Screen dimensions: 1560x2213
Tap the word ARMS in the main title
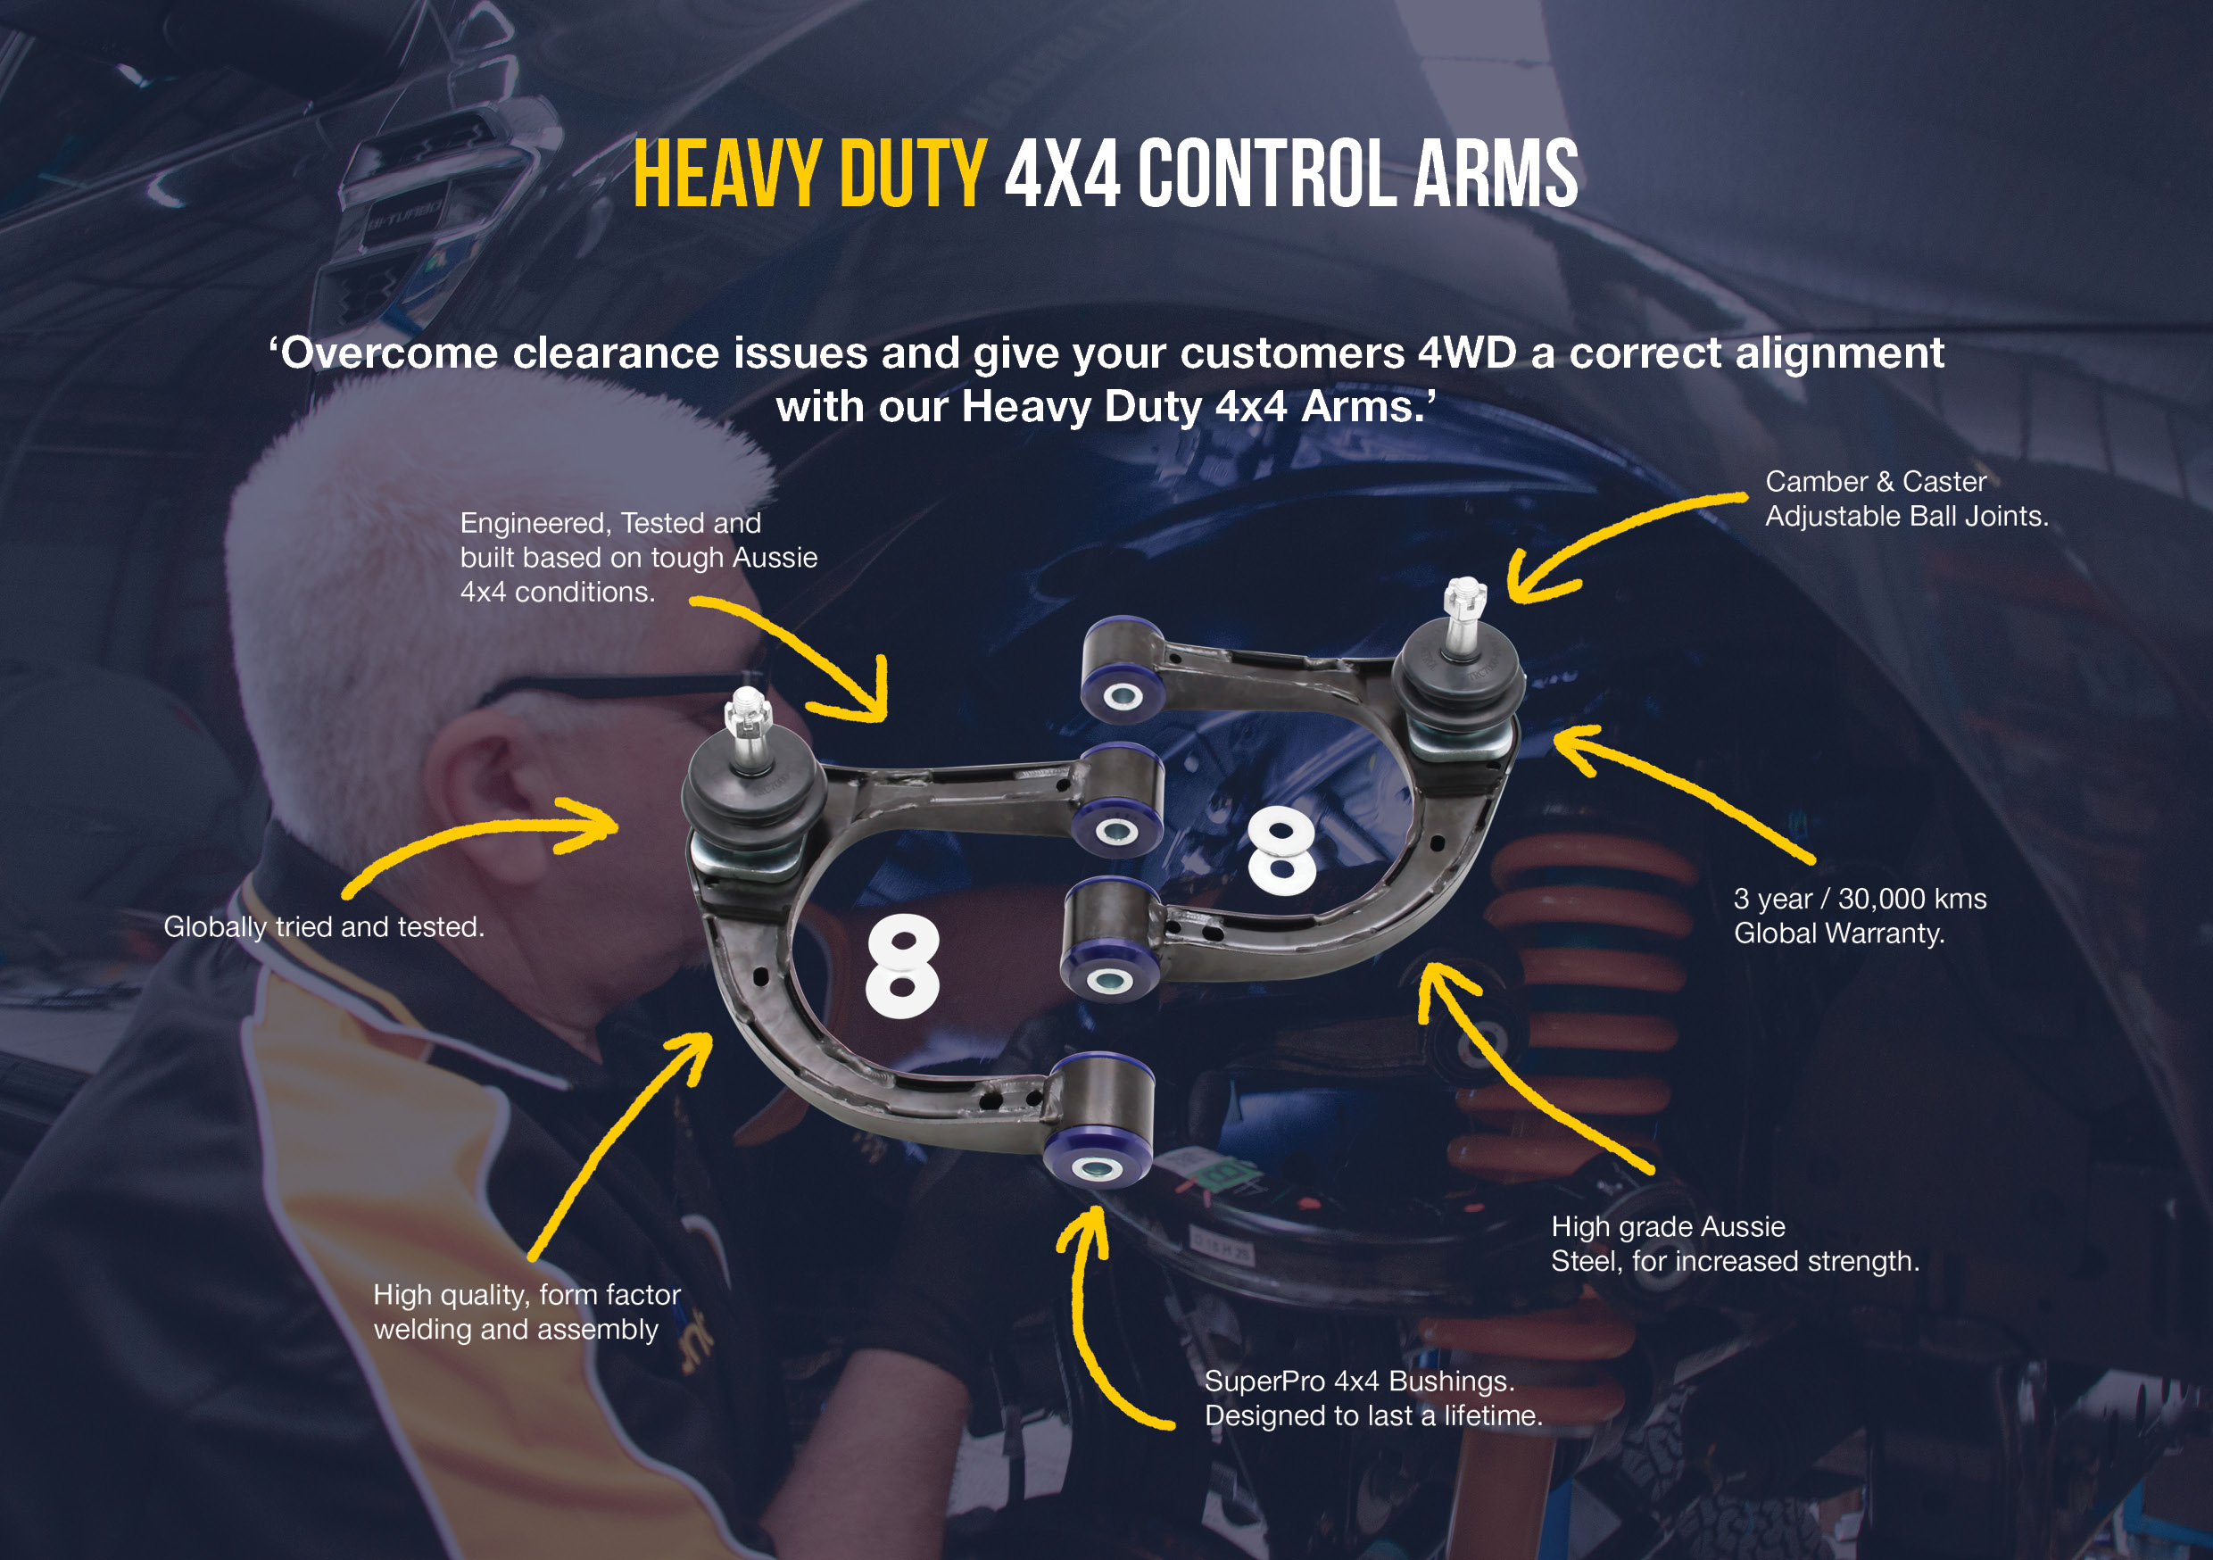tap(1496, 175)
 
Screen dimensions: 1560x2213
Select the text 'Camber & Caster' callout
tap(1875, 481)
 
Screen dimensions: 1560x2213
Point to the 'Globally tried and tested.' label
tap(324, 926)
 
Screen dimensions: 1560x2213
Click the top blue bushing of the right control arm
tap(1121, 693)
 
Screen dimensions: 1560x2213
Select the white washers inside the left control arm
tap(902, 967)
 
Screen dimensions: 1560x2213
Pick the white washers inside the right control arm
tap(1281, 850)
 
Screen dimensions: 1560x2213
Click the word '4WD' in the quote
tap(1467, 353)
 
